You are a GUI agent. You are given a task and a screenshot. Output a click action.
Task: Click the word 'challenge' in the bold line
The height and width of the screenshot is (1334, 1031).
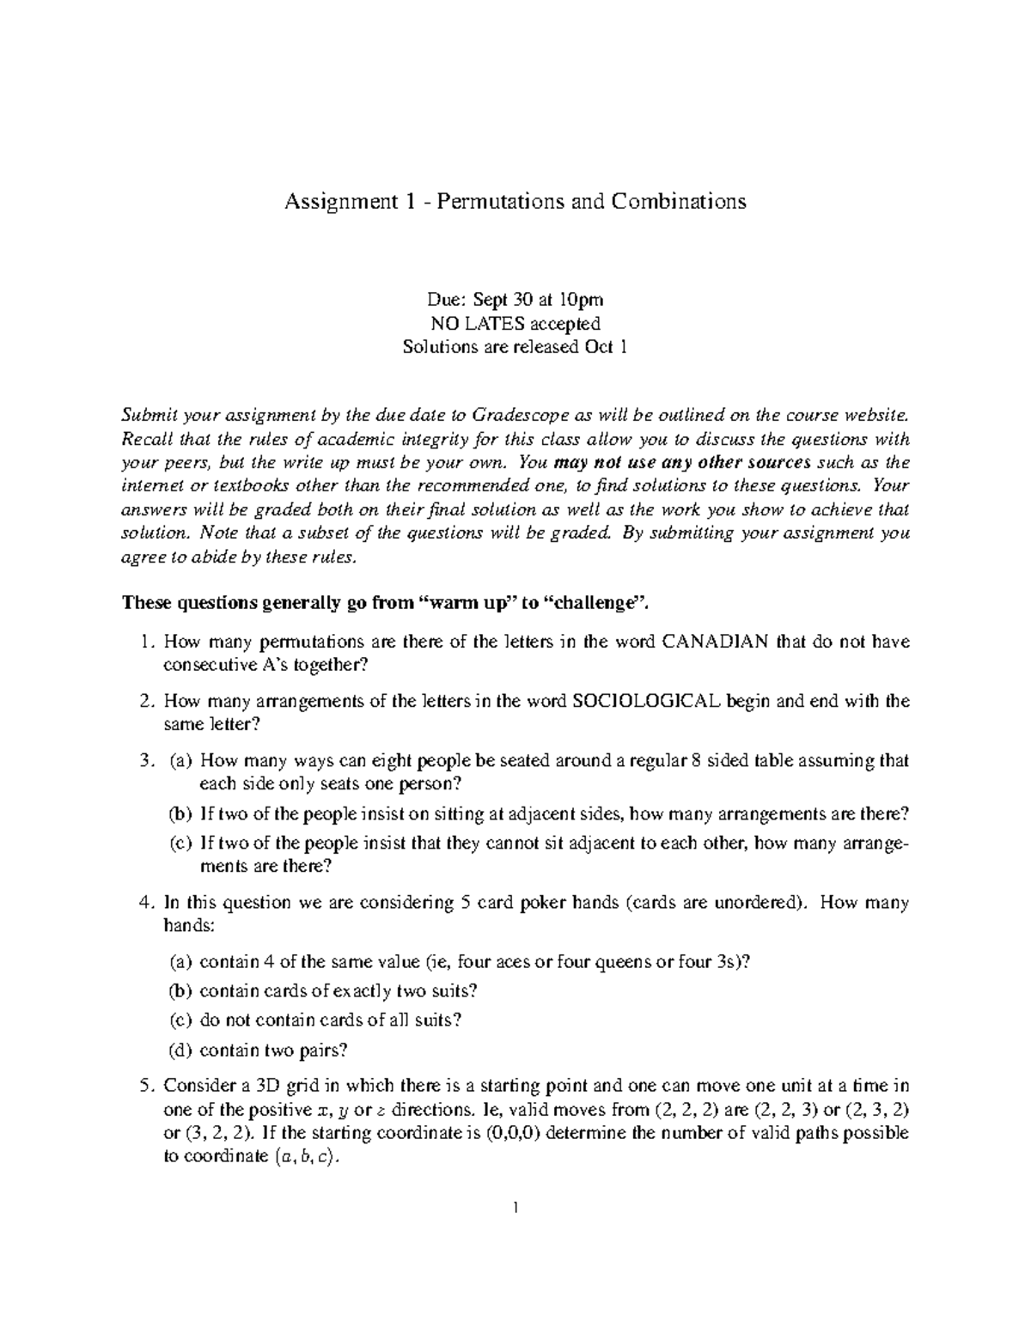point(598,602)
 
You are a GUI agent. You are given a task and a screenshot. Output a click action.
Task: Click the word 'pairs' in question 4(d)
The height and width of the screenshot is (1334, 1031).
point(320,1050)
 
